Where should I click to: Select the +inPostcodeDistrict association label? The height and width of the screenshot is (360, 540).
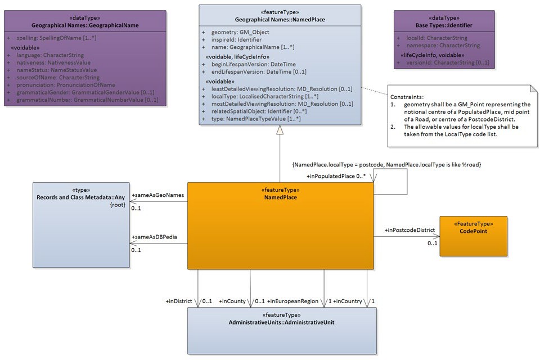pos(409,230)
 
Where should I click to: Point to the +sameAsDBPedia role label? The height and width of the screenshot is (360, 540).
pos(154,237)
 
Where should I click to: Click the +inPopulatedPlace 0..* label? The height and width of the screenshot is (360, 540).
pos(336,176)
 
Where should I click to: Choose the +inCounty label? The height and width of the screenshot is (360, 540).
pos(232,301)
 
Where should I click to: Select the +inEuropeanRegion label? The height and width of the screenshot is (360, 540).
pos(293,301)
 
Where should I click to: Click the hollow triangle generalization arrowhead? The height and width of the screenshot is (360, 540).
pos(280,130)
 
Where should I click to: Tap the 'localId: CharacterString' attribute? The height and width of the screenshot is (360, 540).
pos(436,38)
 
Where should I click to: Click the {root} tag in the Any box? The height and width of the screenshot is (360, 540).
pos(117,205)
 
